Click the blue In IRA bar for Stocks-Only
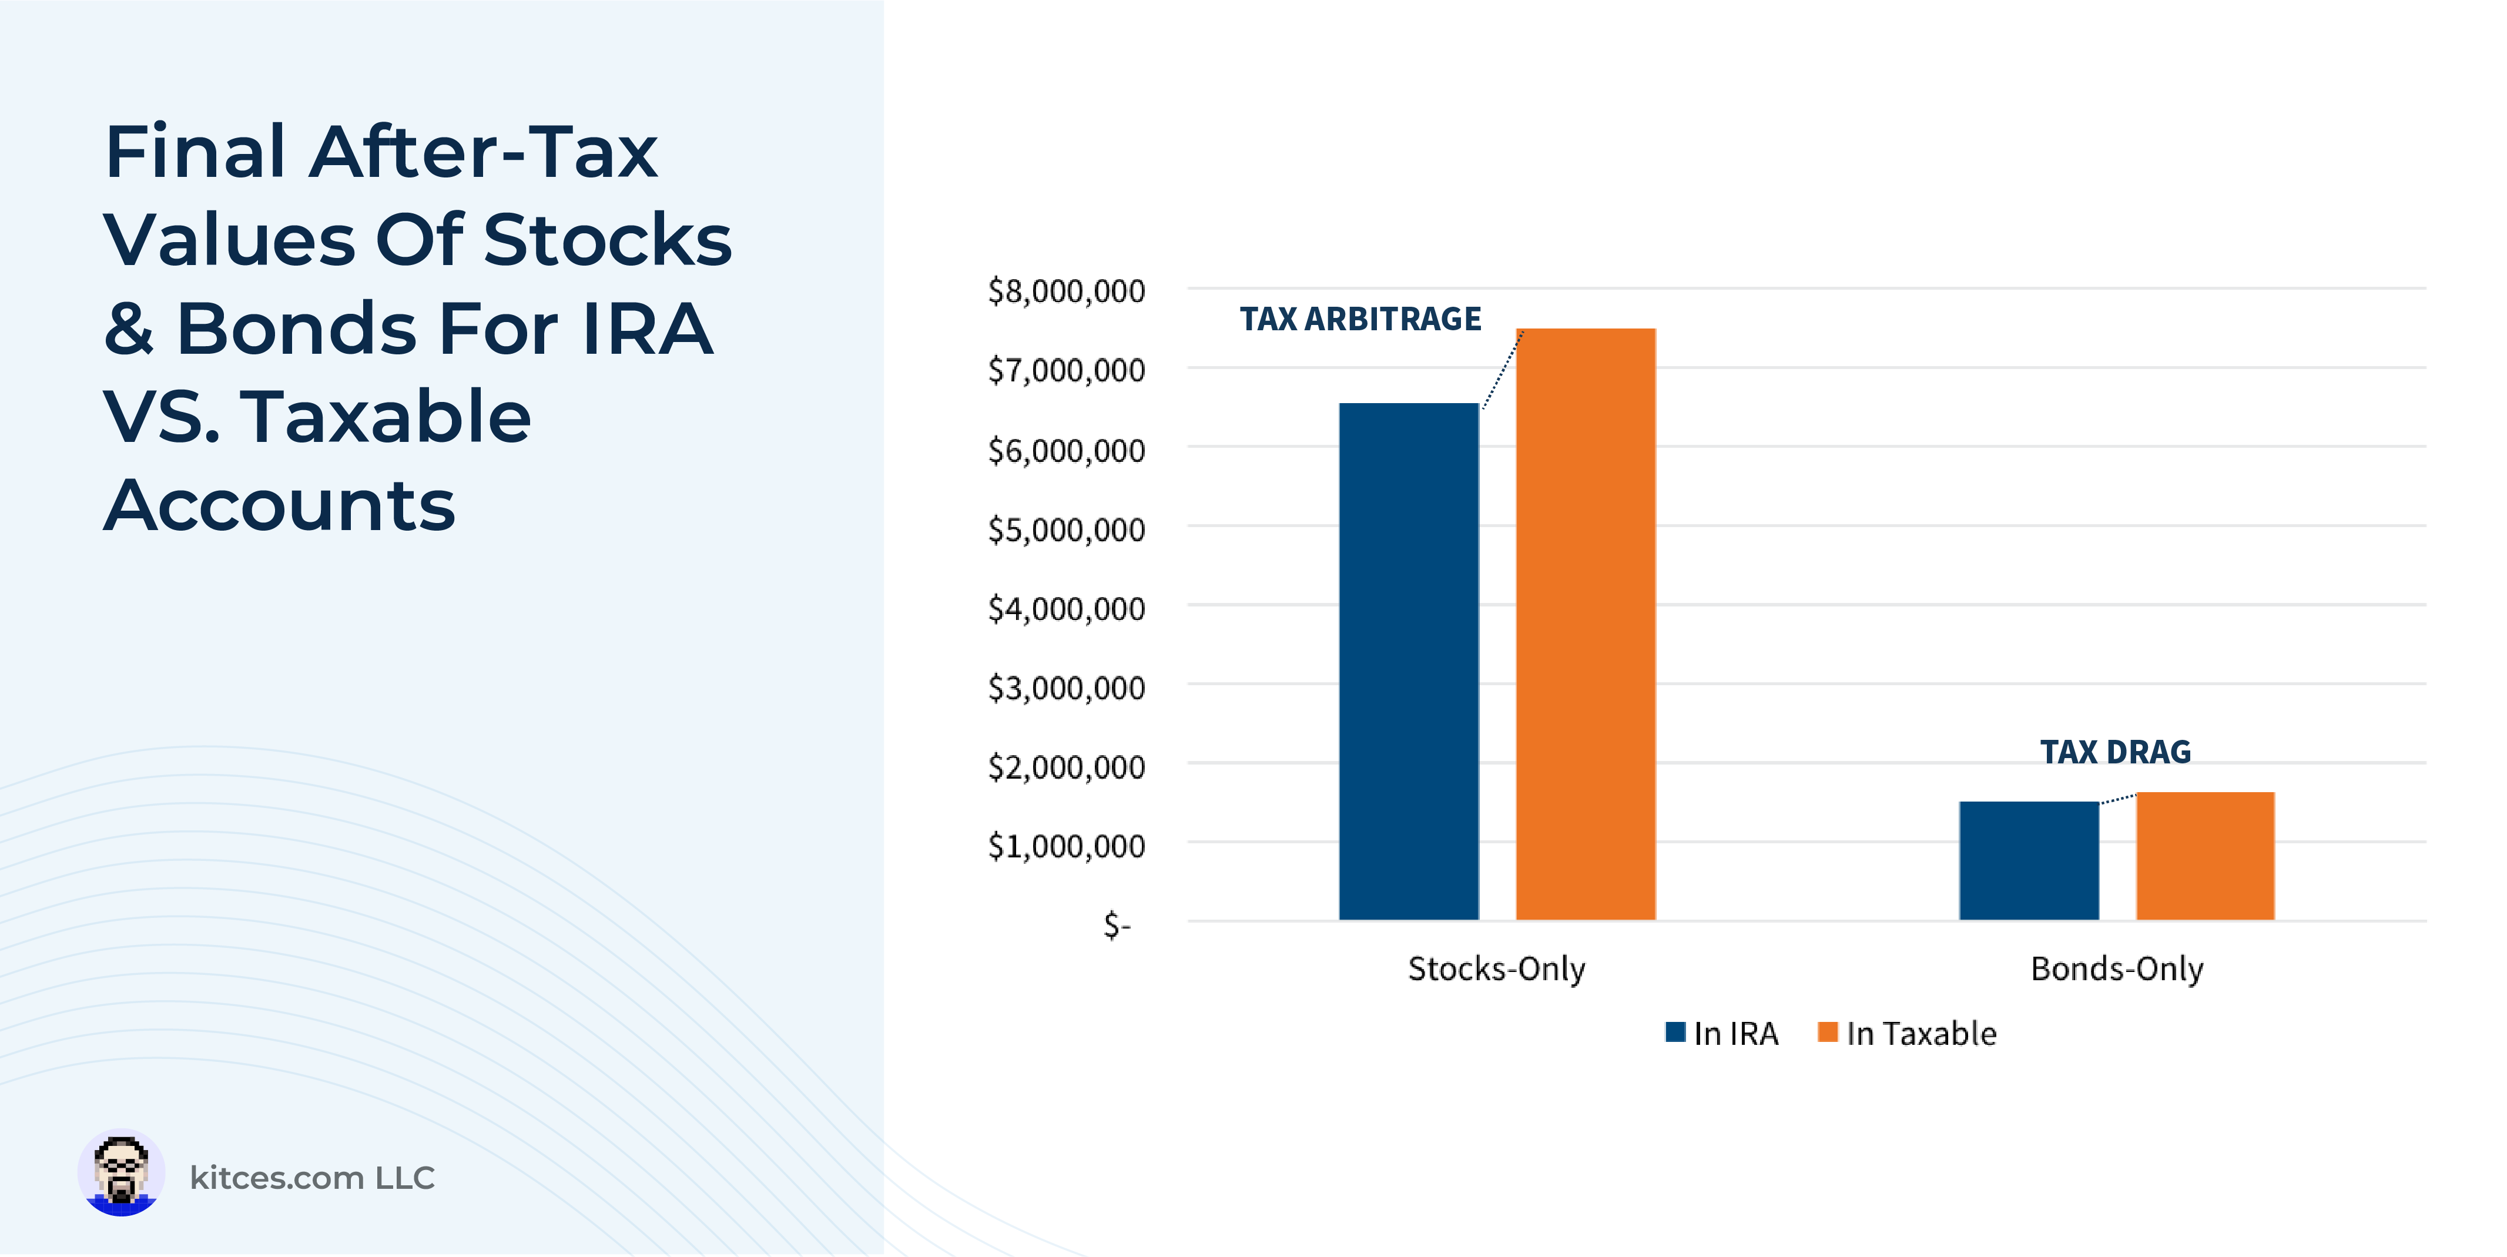1408,662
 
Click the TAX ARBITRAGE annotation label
1360,319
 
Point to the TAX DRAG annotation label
2115,752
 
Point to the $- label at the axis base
1116,924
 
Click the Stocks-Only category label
1496,969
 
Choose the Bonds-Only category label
2117,969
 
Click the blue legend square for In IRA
1675,1033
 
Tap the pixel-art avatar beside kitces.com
120,1174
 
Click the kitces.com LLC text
311,1178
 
